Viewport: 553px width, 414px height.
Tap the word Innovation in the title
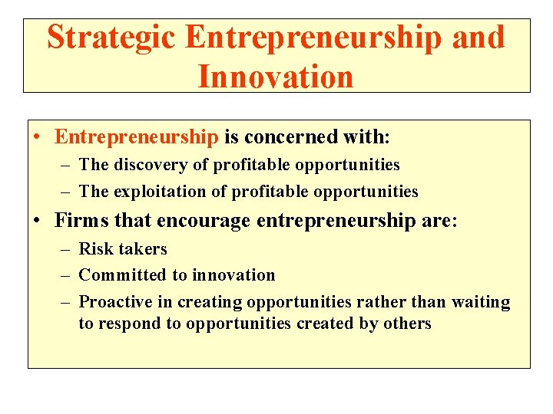tap(276, 77)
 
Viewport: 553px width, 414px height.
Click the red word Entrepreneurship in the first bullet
tap(137, 137)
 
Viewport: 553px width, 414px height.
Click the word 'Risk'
tap(94, 249)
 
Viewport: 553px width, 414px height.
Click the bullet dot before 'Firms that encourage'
tap(38, 222)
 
